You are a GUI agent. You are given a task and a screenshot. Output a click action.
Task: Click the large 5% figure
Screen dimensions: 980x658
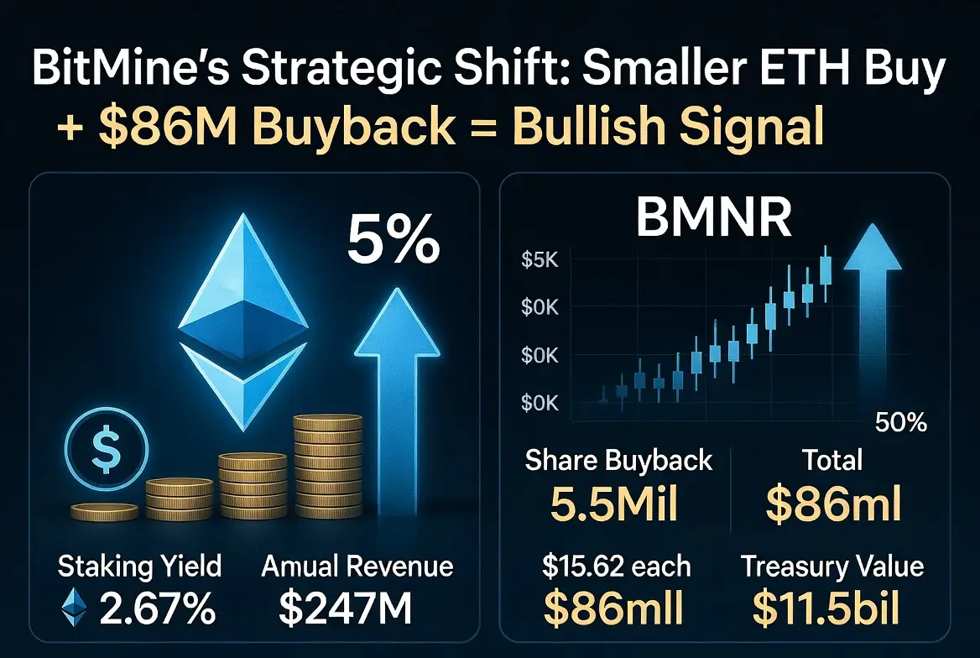tap(394, 239)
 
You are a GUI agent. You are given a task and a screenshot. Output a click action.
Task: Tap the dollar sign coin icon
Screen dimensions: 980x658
tap(107, 448)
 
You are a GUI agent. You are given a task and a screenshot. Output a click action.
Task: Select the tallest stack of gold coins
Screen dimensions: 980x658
tap(327, 466)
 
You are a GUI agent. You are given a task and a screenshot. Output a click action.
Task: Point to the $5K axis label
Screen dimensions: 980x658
tap(540, 259)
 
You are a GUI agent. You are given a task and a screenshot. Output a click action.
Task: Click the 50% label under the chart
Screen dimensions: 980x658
tap(900, 423)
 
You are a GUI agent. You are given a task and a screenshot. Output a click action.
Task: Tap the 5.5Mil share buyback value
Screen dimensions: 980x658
tap(614, 504)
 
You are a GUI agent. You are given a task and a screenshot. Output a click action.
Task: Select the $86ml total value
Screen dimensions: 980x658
tap(834, 504)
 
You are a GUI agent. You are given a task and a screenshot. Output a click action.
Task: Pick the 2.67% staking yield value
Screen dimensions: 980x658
tap(158, 608)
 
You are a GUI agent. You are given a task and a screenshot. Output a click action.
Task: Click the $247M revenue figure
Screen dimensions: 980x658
tap(346, 608)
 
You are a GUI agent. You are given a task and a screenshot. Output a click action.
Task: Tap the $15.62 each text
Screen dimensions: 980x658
tap(616, 566)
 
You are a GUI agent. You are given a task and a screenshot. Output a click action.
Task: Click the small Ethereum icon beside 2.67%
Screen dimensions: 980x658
tap(74, 608)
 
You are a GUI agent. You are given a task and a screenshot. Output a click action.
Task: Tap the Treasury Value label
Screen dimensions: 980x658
tap(831, 567)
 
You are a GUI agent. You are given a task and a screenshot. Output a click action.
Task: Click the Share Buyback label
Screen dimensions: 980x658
tap(618, 461)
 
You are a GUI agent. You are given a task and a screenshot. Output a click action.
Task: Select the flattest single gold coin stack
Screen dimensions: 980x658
tap(104, 512)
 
